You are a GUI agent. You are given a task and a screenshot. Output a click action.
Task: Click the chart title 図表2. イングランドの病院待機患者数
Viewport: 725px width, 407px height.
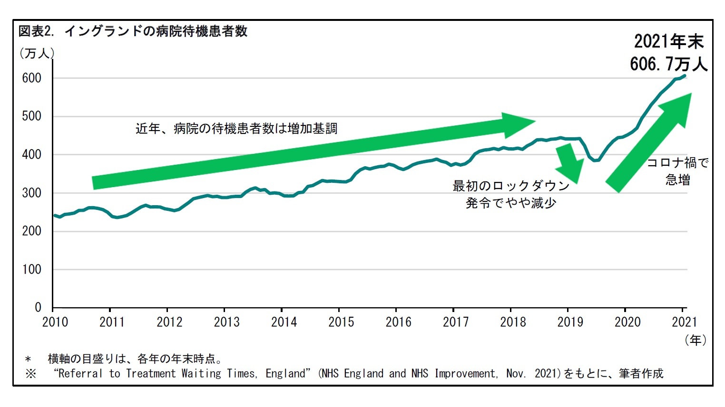(133, 31)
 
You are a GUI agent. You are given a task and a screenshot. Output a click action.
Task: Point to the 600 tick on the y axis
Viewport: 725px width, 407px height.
(32, 78)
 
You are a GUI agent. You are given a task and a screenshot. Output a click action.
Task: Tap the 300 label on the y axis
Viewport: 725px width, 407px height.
(32, 193)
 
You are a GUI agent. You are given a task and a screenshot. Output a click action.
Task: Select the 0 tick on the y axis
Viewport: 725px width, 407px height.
(38, 308)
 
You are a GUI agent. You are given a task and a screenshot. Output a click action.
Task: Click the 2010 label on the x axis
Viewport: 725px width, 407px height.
(55, 322)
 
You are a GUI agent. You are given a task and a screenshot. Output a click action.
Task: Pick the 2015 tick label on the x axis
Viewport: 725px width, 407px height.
(341, 322)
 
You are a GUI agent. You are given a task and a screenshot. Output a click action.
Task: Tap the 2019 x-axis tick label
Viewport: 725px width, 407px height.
(570, 322)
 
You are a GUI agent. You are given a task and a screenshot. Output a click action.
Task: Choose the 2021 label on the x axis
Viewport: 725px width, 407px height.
(684, 322)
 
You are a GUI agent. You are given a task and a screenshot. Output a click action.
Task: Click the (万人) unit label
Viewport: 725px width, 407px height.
(37, 53)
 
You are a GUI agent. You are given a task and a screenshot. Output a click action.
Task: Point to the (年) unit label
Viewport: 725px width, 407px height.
(696, 340)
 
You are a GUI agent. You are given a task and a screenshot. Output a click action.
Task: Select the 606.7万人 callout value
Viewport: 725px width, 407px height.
(668, 64)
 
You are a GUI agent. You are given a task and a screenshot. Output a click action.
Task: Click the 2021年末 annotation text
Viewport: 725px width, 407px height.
(668, 42)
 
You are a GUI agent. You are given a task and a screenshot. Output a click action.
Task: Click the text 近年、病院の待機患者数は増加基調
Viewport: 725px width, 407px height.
(236, 129)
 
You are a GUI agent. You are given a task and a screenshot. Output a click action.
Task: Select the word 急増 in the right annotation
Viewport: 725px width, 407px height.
(678, 180)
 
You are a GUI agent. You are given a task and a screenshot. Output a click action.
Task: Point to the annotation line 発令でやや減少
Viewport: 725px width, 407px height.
(511, 203)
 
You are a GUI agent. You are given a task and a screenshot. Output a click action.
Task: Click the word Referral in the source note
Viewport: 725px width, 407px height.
(79, 373)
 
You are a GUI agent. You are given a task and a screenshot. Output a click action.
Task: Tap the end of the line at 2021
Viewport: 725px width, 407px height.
(685, 75)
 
